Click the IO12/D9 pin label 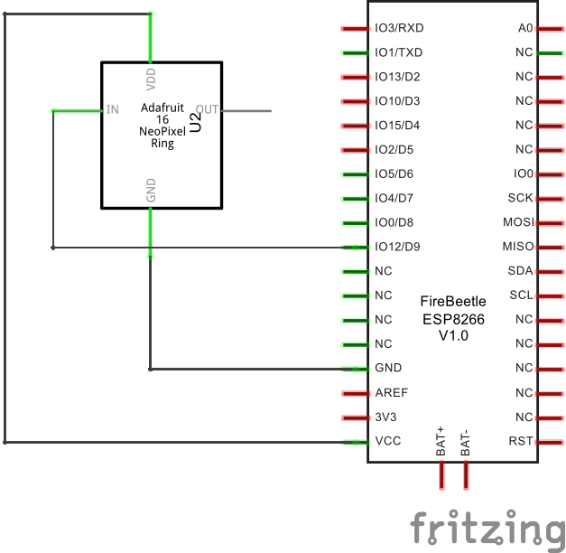[x=397, y=247]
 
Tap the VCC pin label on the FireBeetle [x=388, y=442]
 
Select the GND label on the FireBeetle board [x=388, y=369]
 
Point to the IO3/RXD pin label [x=399, y=28]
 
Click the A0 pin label [x=525, y=28]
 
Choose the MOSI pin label [x=518, y=222]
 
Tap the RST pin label [x=521, y=442]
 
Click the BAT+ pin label [x=441, y=440]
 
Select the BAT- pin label [x=466, y=441]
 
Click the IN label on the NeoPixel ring [x=112, y=110]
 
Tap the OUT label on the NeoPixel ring [x=207, y=110]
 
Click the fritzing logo [x=487, y=528]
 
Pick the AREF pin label [x=391, y=393]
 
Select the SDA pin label [x=521, y=271]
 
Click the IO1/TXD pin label [x=398, y=52]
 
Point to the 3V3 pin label [x=385, y=417]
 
